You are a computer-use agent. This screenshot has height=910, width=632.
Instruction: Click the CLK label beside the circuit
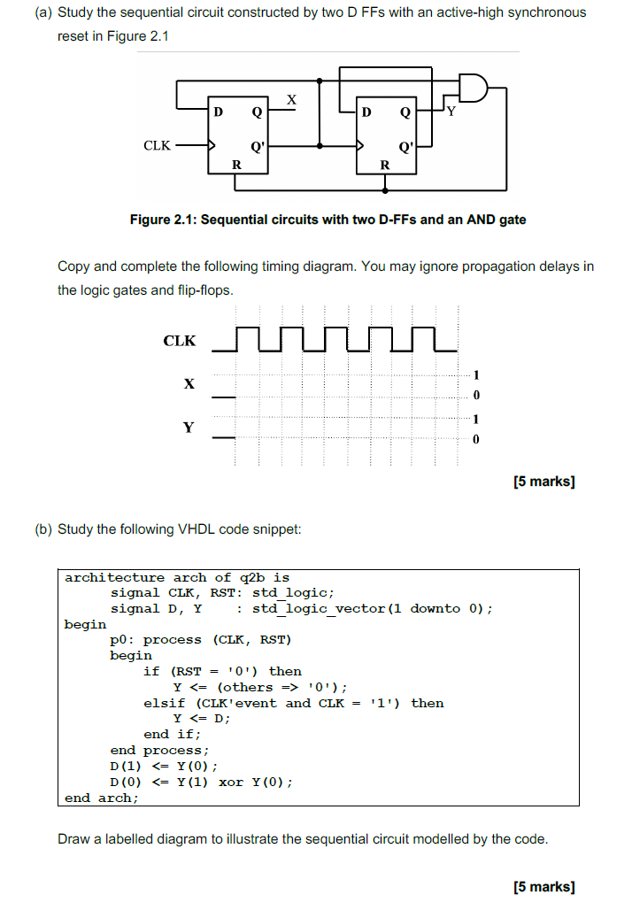pos(157,145)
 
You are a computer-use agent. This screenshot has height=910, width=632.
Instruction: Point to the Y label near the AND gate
pos(450,112)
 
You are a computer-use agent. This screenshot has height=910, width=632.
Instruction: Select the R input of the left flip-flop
pos(235,164)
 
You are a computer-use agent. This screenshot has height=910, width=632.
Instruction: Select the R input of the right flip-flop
pos(384,164)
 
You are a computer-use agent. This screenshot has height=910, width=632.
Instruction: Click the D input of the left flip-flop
pos(219,112)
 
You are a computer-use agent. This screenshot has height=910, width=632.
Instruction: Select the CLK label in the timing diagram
pos(180,341)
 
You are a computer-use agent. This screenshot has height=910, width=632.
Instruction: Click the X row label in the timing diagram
pos(188,384)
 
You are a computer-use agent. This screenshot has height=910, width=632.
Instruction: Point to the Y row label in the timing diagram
pos(188,428)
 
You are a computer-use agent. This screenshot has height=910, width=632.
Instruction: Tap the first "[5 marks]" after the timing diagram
pos(543,482)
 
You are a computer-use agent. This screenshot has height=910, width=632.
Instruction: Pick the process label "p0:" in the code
pos(122,640)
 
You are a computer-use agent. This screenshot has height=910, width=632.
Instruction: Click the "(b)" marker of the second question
pos(43,529)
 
